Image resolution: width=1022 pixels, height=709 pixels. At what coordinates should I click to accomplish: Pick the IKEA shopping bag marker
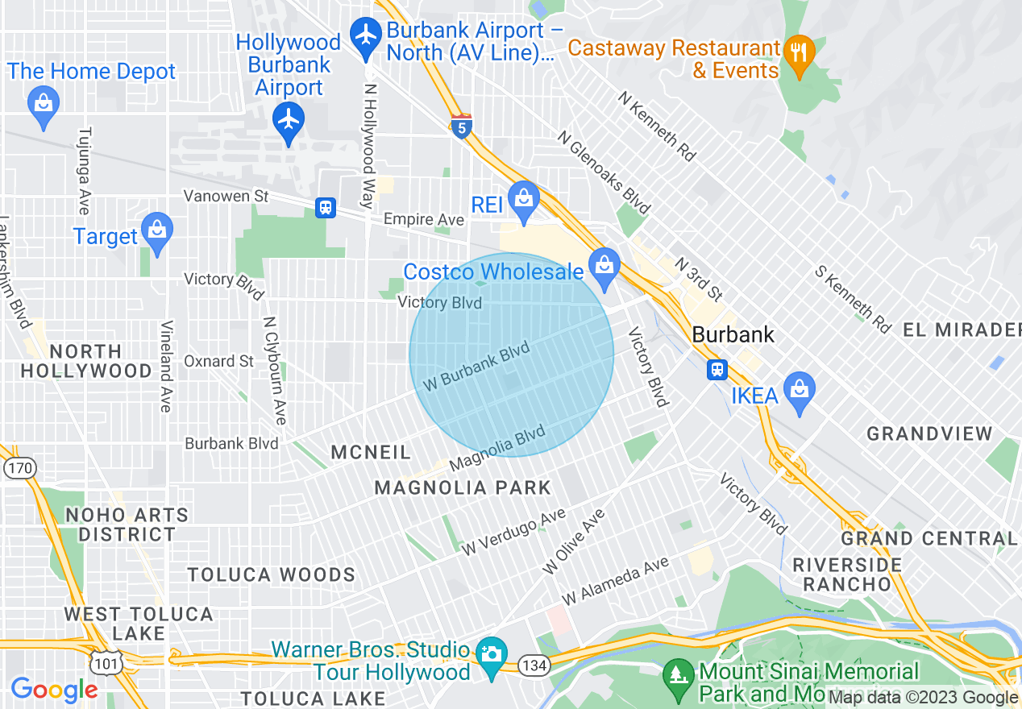[799, 392]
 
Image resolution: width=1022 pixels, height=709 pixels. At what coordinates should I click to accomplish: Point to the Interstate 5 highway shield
[461, 127]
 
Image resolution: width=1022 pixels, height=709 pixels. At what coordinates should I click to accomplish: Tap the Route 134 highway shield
[533, 665]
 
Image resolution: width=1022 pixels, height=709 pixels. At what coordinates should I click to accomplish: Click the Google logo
[54, 690]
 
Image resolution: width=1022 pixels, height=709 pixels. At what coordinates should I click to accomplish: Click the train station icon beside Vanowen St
[326, 208]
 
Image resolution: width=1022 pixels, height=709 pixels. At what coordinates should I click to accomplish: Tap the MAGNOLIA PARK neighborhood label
[463, 487]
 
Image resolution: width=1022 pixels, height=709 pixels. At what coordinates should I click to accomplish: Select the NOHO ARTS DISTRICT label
[127, 524]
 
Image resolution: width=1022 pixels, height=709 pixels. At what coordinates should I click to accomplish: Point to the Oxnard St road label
[219, 361]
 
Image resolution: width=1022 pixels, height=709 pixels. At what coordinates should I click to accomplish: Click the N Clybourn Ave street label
[274, 370]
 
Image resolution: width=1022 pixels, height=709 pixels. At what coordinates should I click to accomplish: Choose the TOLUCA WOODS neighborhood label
[272, 574]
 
